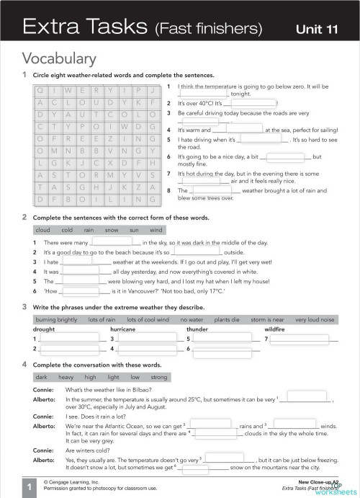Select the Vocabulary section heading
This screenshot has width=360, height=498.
tap(59, 58)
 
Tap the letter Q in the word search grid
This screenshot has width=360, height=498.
tap(41, 90)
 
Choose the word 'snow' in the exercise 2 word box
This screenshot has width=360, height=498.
tap(112, 230)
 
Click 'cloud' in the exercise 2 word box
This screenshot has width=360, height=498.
tap(43, 230)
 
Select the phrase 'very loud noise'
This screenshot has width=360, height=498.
tap(315, 319)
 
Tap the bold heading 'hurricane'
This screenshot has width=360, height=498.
tap(122, 329)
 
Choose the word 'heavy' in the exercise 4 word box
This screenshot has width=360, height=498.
tap(66, 376)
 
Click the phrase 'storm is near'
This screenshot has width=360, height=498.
tap(268, 319)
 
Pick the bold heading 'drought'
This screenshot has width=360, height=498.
tap(44, 329)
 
